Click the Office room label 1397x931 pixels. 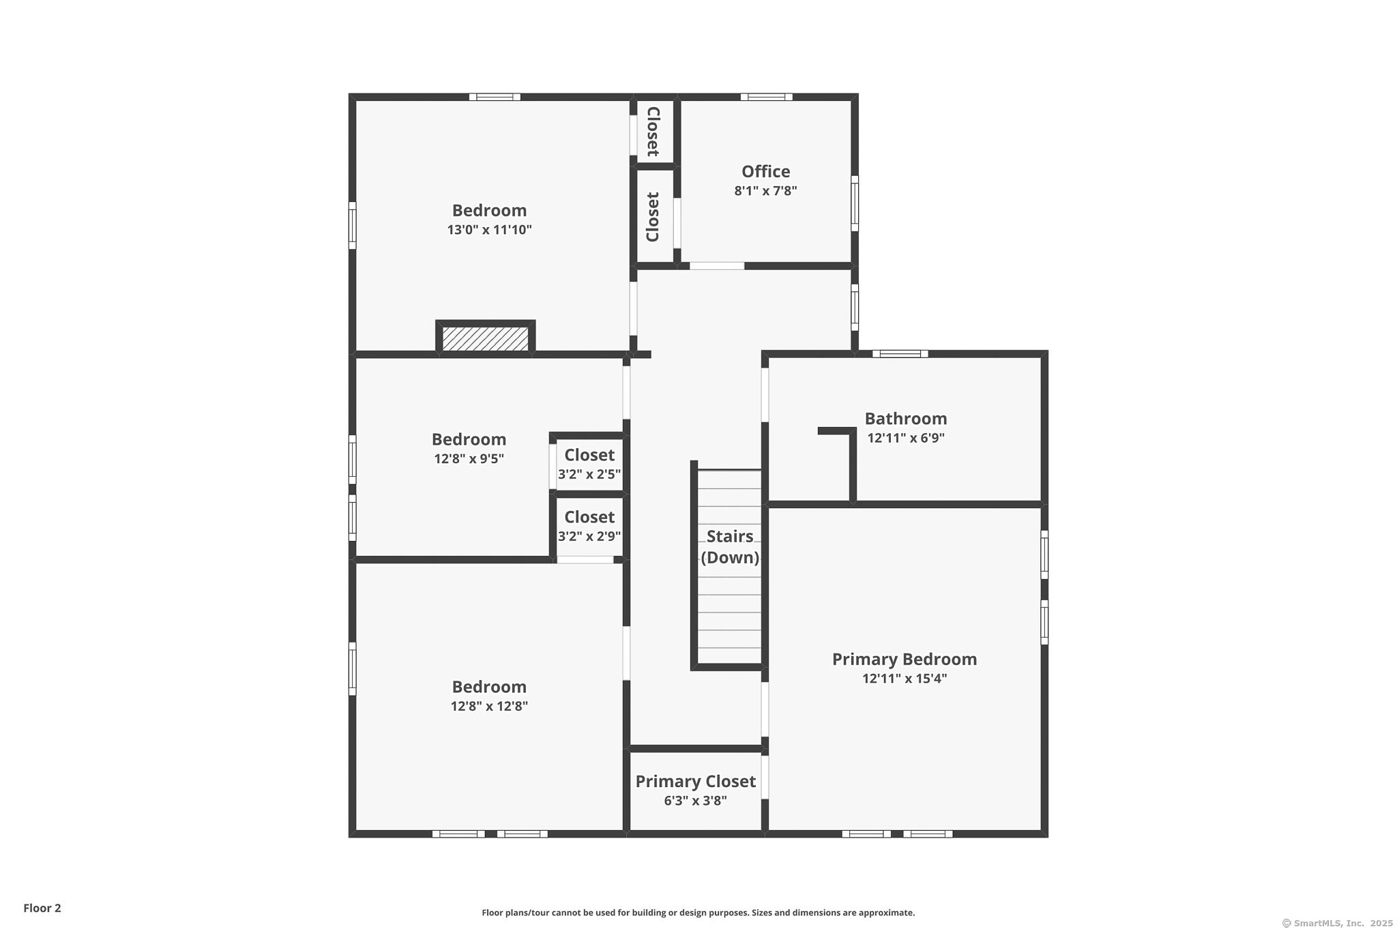tap(765, 171)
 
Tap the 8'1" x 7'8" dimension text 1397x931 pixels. tap(765, 191)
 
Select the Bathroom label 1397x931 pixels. tap(906, 418)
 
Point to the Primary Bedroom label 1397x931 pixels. tap(905, 659)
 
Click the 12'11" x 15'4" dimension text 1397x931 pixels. tap(905, 679)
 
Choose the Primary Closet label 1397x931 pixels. tap(696, 781)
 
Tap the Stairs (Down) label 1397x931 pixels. tap(730, 547)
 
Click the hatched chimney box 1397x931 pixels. tap(485, 338)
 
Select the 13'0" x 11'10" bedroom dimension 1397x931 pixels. tap(489, 230)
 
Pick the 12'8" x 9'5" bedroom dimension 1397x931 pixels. tap(469, 459)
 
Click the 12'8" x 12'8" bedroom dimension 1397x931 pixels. tap(489, 707)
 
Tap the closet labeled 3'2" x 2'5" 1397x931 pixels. tap(589, 464)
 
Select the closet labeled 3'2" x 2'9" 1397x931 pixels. tap(589, 526)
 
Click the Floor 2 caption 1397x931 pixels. tap(42, 908)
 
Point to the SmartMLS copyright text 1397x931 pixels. tap(1337, 923)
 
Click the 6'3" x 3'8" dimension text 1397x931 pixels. tap(696, 801)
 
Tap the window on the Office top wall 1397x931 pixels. tap(767, 97)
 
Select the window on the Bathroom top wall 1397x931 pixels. tap(900, 353)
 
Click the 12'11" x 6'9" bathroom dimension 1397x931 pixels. tap(906, 438)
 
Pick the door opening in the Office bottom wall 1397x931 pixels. tap(717, 265)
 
